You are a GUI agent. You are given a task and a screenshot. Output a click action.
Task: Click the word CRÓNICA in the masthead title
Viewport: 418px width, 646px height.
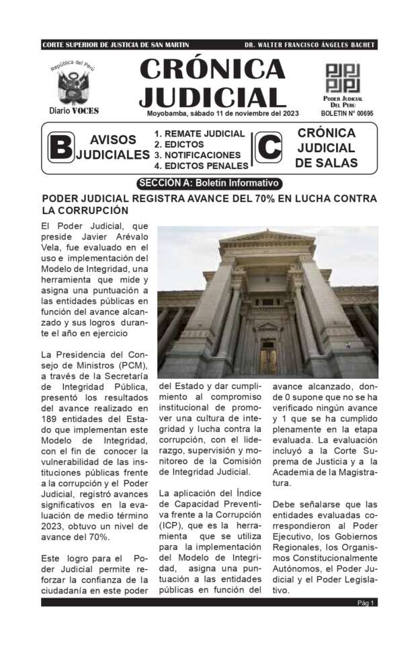click(212, 68)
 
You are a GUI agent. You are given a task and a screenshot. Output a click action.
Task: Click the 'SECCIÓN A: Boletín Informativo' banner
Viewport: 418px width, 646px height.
click(209, 183)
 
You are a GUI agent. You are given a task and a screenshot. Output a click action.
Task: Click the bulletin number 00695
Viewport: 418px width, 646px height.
click(361, 114)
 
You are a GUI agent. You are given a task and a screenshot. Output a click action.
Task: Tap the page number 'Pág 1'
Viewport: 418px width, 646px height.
click(366, 603)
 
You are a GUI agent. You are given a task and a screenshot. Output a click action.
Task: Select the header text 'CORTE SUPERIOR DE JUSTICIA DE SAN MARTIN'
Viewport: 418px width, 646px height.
click(116, 45)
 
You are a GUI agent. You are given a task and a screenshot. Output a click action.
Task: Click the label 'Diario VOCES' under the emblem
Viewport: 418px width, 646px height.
click(74, 110)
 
